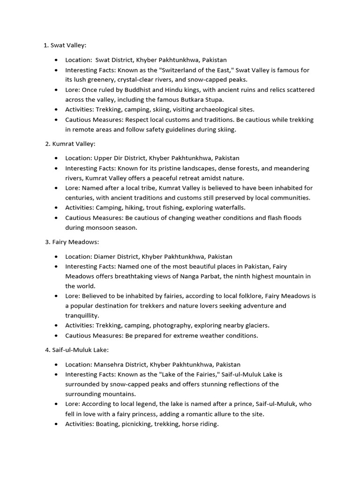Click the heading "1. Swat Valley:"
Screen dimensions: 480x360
(65, 45)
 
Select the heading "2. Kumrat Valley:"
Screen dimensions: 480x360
(70, 144)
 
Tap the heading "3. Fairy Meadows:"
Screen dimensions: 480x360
(72, 242)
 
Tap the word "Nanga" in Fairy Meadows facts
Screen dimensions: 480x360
(176, 276)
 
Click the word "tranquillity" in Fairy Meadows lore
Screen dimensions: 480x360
(82, 315)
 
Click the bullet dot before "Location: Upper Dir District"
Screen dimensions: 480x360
(57, 158)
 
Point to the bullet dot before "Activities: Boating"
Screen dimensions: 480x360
(57, 424)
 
